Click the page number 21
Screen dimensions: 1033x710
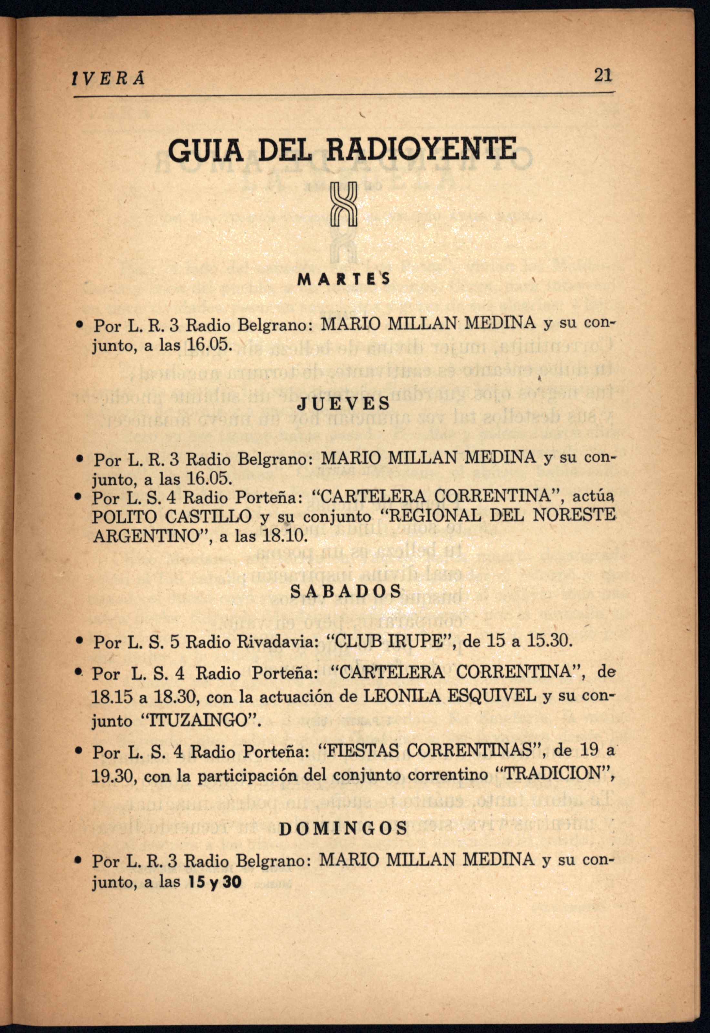603,75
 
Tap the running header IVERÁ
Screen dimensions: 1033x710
108,79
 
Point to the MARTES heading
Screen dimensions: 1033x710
343,279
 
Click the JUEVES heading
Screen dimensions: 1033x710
343,404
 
